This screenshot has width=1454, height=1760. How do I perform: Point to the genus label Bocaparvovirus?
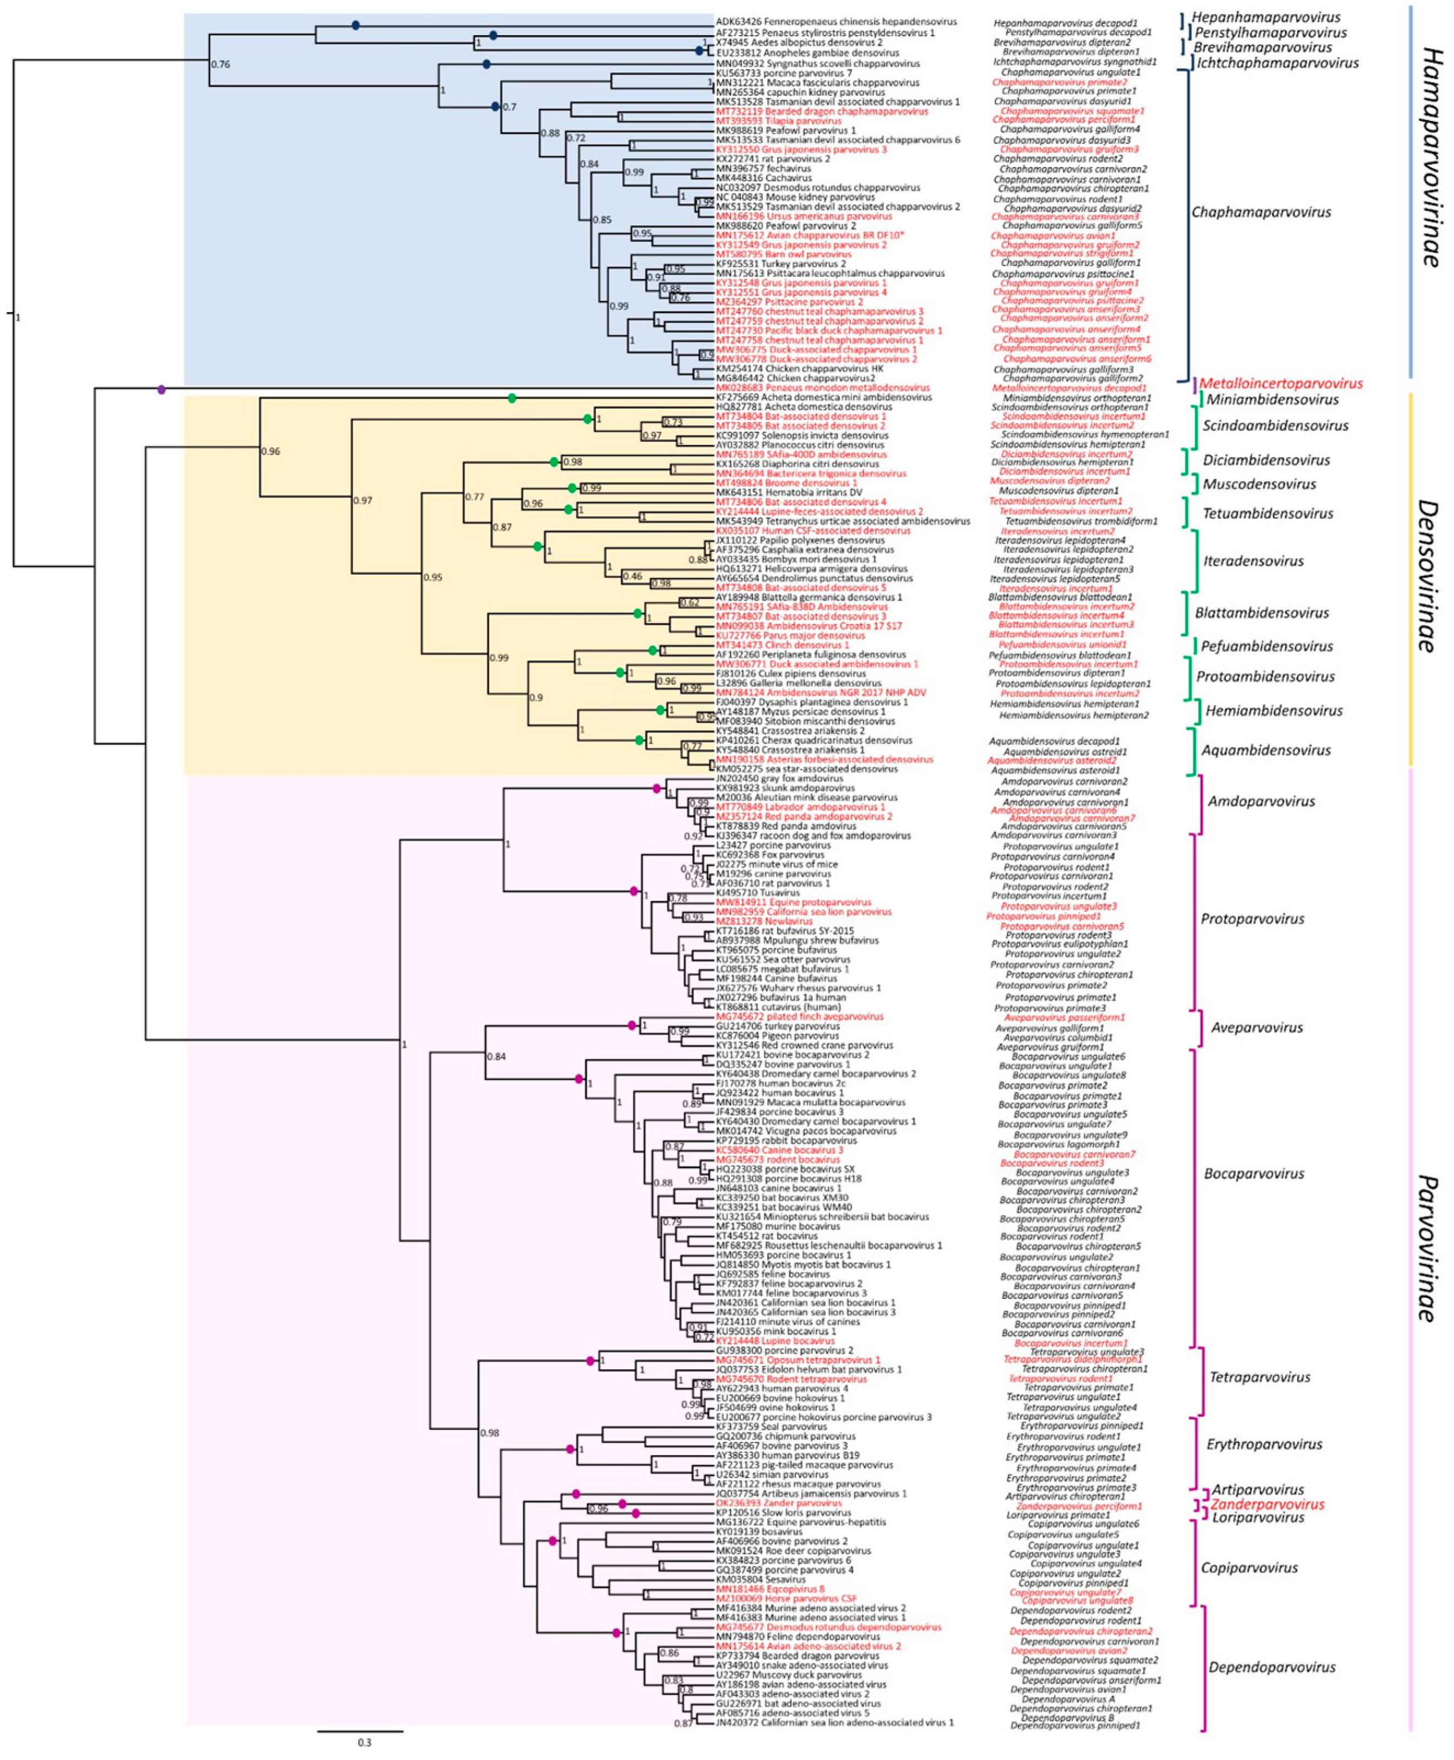[x=1254, y=1174]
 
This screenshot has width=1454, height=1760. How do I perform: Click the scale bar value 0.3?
[x=364, y=1742]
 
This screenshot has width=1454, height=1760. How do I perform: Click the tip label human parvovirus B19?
[x=787, y=1455]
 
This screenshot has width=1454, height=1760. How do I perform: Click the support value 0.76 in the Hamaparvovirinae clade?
[x=220, y=64]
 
